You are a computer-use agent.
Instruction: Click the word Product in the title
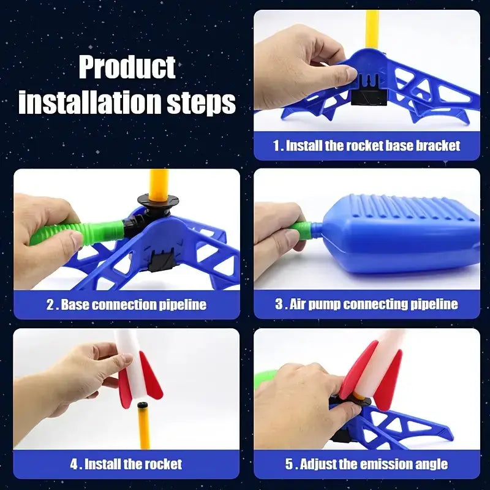(127, 67)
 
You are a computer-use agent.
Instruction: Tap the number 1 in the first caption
(276, 146)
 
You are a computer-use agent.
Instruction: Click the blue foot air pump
(392, 230)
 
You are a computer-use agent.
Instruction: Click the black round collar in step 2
(157, 200)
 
